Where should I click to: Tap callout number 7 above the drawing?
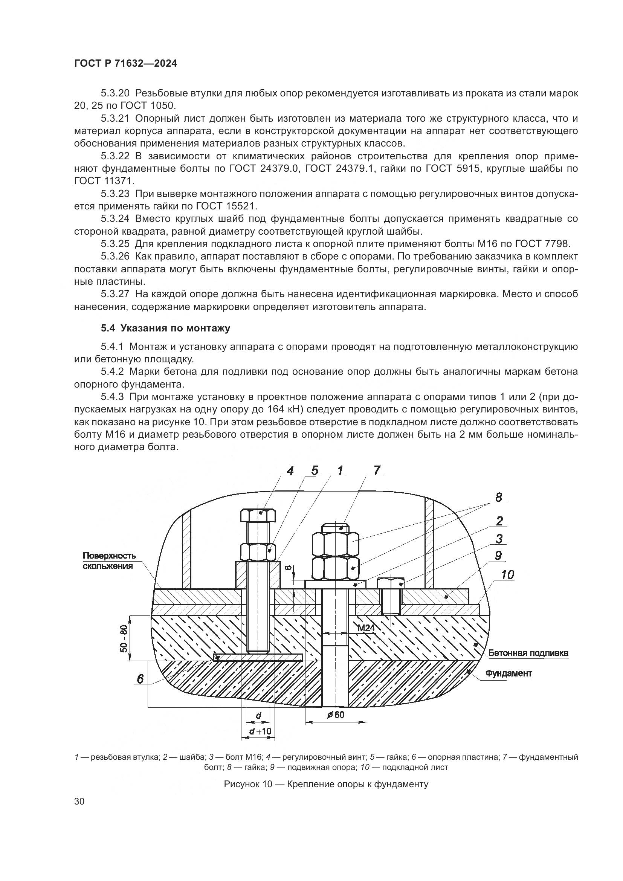[x=377, y=471]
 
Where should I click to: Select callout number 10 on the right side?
[x=507, y=575]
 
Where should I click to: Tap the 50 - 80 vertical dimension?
[x=124, y=638]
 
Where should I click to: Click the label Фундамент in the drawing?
[x=508, y=673]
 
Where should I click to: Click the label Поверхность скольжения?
[x=109, y=561]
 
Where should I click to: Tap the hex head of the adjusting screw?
[x=258, y=515]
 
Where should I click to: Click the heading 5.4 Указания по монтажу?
[x=165, y=328]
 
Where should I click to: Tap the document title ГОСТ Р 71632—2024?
[x=125, y=64]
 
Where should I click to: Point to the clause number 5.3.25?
[x=116, y=244]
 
